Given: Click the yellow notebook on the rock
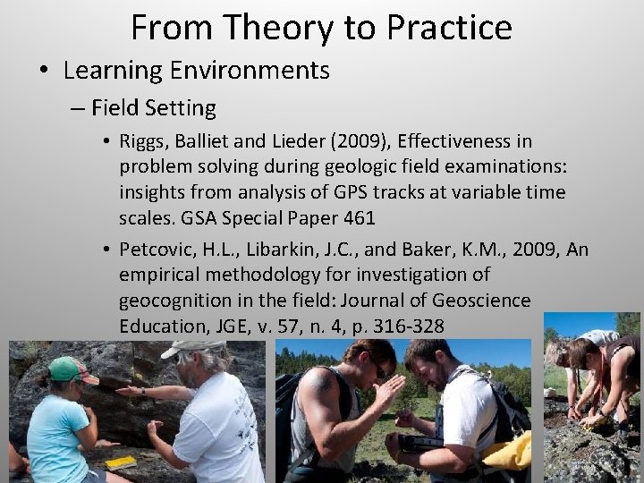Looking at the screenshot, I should [118, 462].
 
